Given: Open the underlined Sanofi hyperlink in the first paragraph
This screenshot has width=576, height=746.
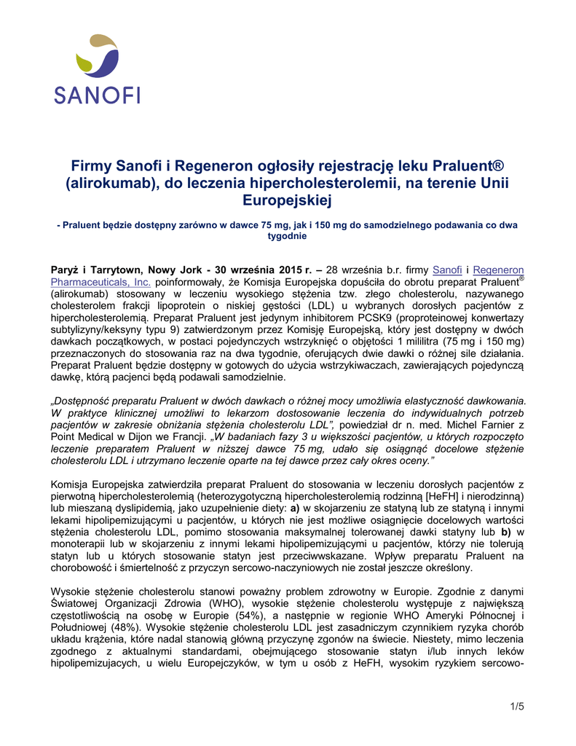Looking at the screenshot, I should (x=448, y=270).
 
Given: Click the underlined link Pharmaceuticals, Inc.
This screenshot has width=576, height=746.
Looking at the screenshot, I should (x=100, y=281).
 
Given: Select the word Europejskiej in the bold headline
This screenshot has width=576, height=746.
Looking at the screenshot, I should (x=288, y=197).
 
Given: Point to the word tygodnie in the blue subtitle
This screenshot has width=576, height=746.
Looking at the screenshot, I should (x=288, y=236).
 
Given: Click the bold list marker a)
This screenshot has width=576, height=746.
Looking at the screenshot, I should (x=296, y=507).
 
